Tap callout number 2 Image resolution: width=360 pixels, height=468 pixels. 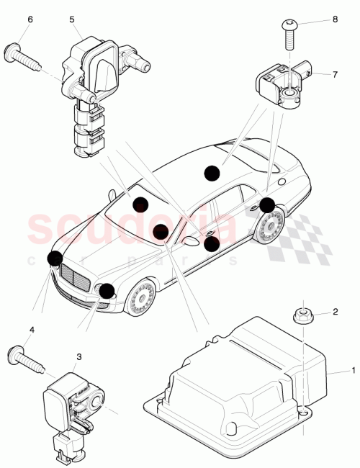click(x=335, y=312)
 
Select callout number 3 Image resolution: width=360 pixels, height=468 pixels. click(x=78, y=356)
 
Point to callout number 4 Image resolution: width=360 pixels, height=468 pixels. click(x=32, y=330)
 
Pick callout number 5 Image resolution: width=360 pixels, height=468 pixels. click(x=72, y=19)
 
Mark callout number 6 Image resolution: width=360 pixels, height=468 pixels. click(x=30, y=19)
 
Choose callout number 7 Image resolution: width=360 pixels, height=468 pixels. click(x=335, y=74)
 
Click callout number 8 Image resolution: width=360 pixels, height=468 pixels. click(x=335, y=21)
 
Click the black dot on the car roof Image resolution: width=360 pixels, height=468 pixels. click(x=211, y=172)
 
